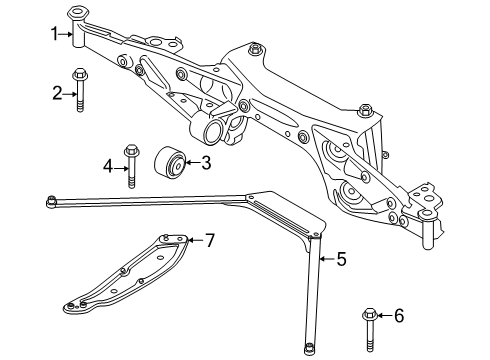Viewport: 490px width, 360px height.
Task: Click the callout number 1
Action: (x=54, y=34)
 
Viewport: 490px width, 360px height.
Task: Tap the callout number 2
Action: (x=57, y=94)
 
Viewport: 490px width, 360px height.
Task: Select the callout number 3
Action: (x=206, y=163)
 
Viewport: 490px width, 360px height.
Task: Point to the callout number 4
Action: (x=108, y=167)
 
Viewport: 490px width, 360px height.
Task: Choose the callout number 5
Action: (x=341, y=259)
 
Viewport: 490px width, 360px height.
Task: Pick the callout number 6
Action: (x=399, y=315)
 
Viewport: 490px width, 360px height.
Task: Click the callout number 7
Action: (x=210, y=240)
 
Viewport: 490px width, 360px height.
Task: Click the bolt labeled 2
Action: (x=79, y=90)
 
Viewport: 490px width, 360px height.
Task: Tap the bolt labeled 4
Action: (x=131, y=166)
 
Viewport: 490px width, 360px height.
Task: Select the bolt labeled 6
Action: (x=369, y=330)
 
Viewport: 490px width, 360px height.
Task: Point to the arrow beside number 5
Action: (x=327, y=258)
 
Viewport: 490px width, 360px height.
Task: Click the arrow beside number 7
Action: (x=196, y=239)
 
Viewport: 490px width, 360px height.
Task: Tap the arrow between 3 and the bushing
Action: (x=193, y=163)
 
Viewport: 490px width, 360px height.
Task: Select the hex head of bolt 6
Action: (x=369, y=314)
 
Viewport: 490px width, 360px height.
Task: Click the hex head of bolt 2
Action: (x=79, y=74)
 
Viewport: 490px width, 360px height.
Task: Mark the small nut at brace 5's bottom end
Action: (x=309, y=349)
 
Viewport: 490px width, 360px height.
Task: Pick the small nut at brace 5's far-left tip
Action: (x=51, y=201)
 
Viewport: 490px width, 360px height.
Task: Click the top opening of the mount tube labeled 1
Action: (x=78, y=12)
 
